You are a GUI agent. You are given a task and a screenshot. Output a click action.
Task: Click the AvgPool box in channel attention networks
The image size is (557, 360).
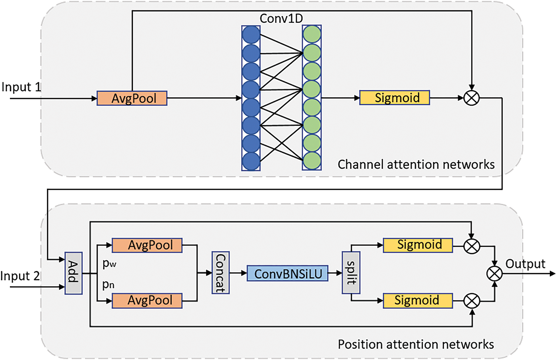click(x=132, y=98)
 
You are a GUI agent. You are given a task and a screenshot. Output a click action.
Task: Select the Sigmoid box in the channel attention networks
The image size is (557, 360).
click(x=395, y=98)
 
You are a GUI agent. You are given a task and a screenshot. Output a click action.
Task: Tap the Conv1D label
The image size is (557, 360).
click(x=281, y=19)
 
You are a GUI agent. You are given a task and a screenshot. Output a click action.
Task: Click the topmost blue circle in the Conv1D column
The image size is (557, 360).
click(x=251, y=35)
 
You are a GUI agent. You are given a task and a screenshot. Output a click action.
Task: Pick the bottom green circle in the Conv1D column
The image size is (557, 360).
click(x=312, y=161)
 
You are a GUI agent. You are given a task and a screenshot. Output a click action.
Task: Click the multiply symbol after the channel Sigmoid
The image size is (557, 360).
click(x=472, y=98)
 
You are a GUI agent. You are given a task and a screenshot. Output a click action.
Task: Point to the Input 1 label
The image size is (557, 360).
click(x=21, y=87)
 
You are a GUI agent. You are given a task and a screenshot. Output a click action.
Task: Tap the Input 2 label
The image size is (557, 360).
click(x=20, y=276)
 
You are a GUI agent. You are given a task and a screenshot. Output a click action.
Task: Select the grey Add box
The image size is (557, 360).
click(x=73, y=273)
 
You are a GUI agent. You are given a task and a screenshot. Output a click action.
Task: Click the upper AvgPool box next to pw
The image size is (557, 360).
click(x=147, y=245)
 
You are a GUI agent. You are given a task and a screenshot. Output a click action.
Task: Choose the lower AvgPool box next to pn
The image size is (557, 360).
click(x=147, y=300)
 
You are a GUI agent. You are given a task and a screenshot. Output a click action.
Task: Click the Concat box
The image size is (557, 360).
click(x=221, y=273)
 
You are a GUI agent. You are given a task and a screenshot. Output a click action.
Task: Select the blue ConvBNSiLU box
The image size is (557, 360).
click(x=288, y=273)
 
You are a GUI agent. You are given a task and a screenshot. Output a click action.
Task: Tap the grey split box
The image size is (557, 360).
click(x=351, y=273)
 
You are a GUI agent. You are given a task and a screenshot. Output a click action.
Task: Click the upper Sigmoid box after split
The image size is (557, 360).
click(x=418, y=245)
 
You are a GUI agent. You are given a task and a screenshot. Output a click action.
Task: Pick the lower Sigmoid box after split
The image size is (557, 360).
click(x=418, y=300)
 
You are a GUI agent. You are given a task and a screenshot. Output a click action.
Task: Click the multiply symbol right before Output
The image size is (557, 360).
click(x=494, y=274)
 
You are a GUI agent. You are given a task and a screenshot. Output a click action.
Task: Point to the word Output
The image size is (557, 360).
click(x=525, y=264)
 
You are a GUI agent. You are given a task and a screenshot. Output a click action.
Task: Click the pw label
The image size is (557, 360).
click(x=110, y=263)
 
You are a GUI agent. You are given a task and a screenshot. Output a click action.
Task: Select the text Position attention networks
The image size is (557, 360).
click(x=416, y=344)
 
